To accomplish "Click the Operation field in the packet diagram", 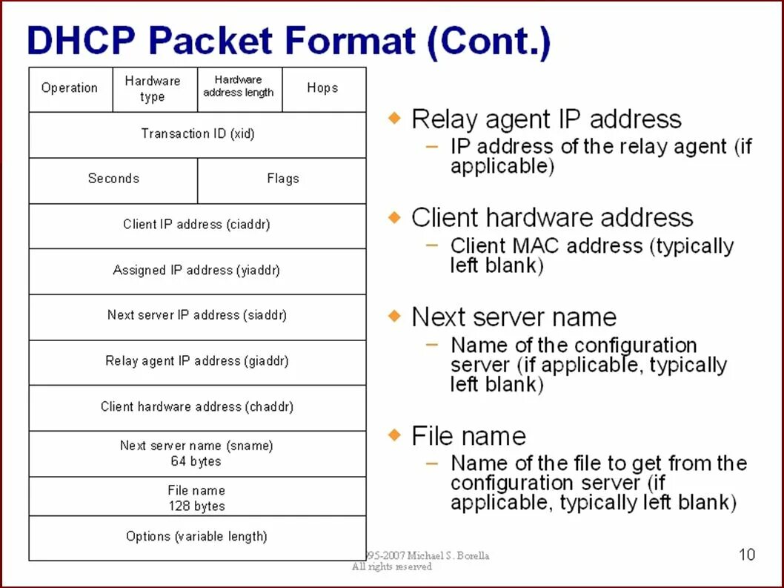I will coord(70,88).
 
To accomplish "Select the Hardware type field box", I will coord(153,89).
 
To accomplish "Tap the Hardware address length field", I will coord(239,87).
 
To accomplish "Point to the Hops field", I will coord(322,88).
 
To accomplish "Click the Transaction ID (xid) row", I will coord(197,134).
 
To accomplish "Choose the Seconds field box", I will coord(113,179).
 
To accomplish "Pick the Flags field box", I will coord(282,179).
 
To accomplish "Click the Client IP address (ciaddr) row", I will coord(197,225).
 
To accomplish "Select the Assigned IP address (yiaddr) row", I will coord(197,271).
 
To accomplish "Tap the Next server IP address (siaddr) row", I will coord(197,315).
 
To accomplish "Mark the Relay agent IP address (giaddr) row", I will coord(197,361).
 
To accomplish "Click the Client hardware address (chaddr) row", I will coord(197,406).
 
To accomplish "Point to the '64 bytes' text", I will coord(196,461).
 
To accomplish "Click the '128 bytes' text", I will coord(196,506).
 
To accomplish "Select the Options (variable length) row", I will coord(197,536).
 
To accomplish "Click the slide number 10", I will coord(747,554).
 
